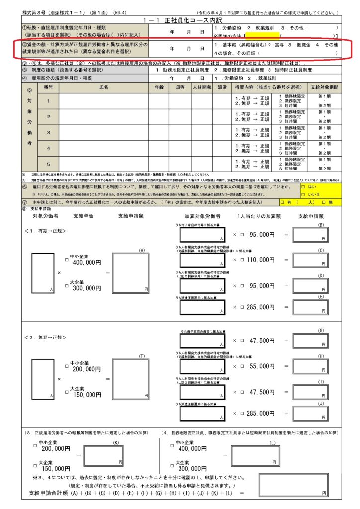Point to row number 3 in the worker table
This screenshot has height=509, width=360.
click(x=48, y=133)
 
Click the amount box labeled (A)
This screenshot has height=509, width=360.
click(x=130, y=271)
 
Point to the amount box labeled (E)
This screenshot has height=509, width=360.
click(x=310, y=307)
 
